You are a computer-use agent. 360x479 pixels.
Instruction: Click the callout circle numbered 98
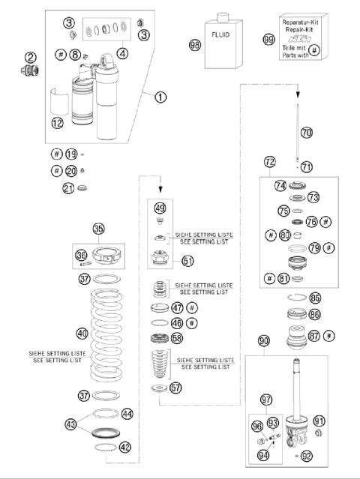196,45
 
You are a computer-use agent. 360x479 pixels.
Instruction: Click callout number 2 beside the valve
30,58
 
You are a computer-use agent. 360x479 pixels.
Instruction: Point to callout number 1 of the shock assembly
160,97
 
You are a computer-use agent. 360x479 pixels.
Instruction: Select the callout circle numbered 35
97,229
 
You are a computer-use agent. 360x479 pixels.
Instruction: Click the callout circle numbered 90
264,341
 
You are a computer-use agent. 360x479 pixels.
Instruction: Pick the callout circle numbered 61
187,261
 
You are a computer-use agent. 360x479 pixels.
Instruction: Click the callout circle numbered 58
176,339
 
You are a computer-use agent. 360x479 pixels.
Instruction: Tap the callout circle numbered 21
70,188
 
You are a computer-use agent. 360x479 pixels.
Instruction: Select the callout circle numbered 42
125,447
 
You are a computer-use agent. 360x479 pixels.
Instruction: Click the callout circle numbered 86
315,316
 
